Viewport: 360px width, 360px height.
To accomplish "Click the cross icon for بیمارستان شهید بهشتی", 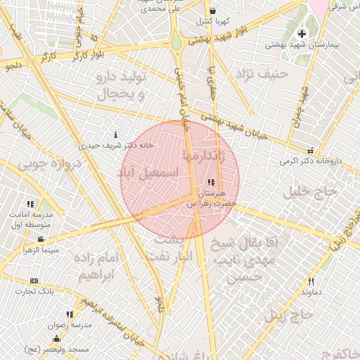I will point(302,34).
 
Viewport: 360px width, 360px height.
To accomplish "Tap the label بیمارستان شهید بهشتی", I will point(302,44).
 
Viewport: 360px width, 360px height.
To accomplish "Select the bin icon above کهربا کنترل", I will point(213,11).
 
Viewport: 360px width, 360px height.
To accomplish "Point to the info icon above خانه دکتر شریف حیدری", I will point(116,135).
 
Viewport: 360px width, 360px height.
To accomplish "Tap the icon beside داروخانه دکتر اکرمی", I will point(311,150).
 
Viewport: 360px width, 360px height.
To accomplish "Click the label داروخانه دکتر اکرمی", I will point(311,161).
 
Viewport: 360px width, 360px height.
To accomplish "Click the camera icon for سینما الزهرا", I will point(41,240).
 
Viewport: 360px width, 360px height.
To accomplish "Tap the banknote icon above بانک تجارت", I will point(34,281).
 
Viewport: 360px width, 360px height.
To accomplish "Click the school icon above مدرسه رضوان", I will point(69,314).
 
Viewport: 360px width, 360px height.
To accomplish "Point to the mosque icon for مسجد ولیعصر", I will point(56,339).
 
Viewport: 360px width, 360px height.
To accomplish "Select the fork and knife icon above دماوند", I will point(311,281).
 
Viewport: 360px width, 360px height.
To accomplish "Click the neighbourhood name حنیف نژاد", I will point(262,72).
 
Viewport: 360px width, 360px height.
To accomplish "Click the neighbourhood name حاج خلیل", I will point(306,191).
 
